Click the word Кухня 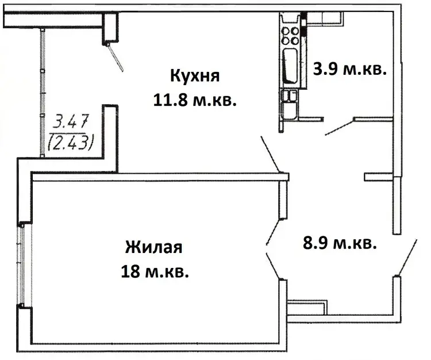click(x=195, y=76)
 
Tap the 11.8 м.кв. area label click(x=195, y=100)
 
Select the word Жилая click(x=153, y=247)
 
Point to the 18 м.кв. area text click(x=155, y=271)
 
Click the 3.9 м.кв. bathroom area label click(x=349, y=70)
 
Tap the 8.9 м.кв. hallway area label click(x=340, y=243)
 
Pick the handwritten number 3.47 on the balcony click(x=71, y=121)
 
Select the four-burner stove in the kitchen click(x=290, y=36)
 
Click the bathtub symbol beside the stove click(x=290, y=66)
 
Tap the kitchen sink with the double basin click(x=289, y=105)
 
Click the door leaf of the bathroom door click(x=339, y=127)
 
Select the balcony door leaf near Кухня click(x=116, y=57)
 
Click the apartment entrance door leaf click(x=407, y=257)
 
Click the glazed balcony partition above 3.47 click(x=43, y=93)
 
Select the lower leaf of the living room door click(x=274, y=266)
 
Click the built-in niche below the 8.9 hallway click(x=307, y=307)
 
